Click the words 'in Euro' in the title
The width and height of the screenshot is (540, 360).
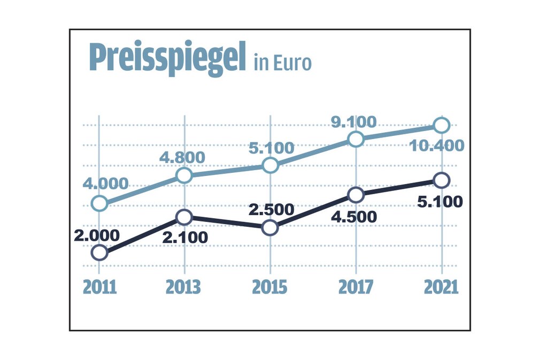tap(283, 63)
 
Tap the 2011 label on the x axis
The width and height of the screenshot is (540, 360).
tap(99, 287)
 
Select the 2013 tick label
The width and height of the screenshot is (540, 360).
tap(183, 287)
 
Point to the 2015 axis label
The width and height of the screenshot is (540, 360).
tap(270, 287)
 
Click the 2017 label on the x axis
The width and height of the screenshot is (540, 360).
tap(356, 287)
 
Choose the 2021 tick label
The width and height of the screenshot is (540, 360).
tap(441, 287)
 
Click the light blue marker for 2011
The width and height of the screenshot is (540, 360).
tap(99, 203)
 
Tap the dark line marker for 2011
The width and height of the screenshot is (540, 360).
tap(99, 252)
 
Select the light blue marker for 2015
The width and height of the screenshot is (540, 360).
tap(271, 165)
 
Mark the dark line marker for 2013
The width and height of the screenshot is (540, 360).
tap(184, 217)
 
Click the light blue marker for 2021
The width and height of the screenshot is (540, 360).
tap(442, 125)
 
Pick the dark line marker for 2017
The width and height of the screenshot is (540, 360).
tap(356, 195)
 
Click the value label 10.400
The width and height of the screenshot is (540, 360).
tap(437, 145)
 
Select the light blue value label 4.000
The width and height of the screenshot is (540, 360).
tap(105, 183)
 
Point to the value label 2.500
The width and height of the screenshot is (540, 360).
tap(271, 209)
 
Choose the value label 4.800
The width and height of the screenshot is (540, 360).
tap(182, 157)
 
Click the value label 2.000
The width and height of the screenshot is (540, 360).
tap(97, 235)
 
